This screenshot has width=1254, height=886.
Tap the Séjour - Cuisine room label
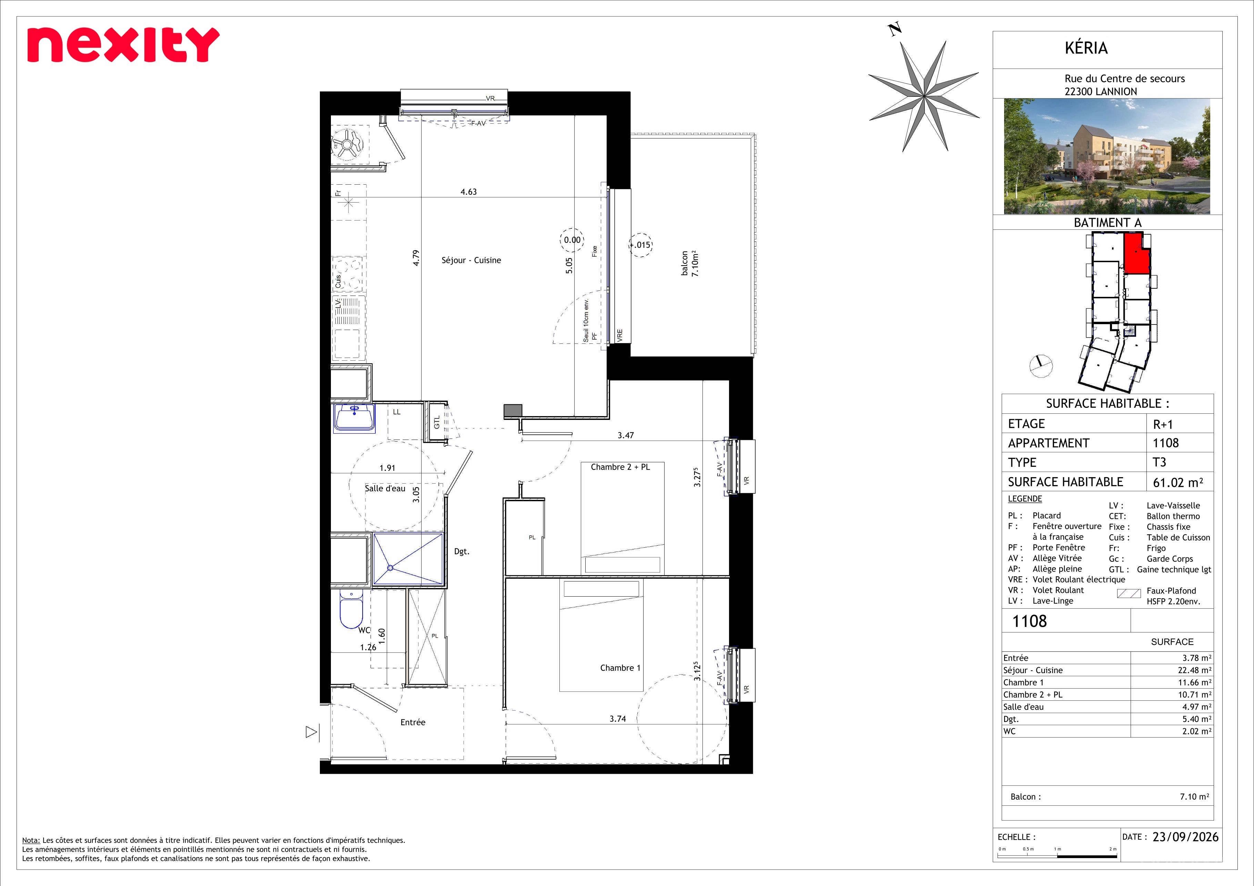point(471,260)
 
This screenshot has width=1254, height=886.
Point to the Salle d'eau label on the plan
point(385,488)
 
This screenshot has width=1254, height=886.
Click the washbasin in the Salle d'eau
point(354,418)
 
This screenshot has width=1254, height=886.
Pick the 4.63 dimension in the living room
point(468,192)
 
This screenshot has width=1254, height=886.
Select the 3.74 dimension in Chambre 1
point(618,719)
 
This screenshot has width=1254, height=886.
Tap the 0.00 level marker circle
point(572,240)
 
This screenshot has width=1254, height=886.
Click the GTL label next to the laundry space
point(437,422)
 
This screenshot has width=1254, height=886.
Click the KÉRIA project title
point(1086,48)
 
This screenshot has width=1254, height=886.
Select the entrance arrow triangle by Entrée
point(311,732)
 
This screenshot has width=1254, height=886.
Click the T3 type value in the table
point(1159,462)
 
